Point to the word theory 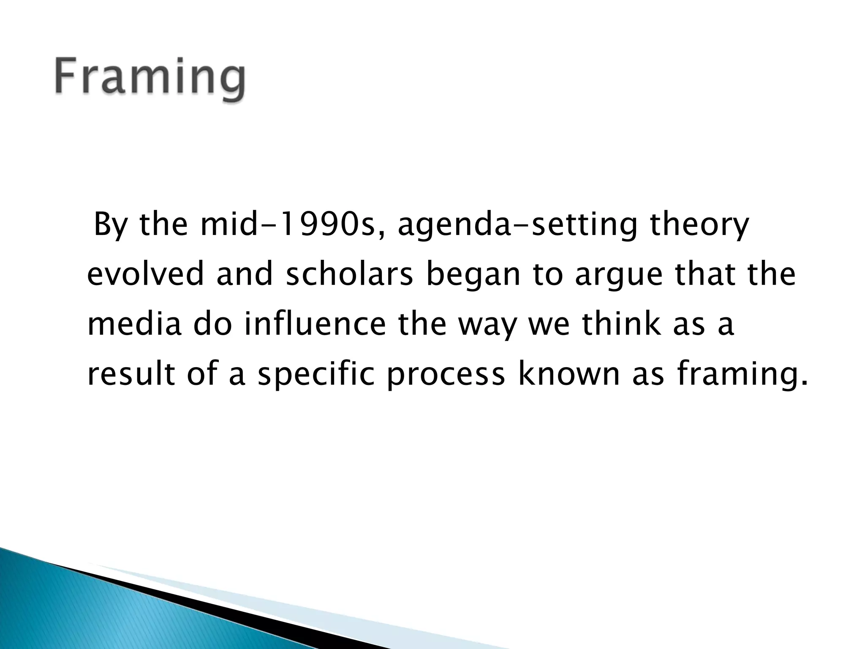point(699,225)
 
